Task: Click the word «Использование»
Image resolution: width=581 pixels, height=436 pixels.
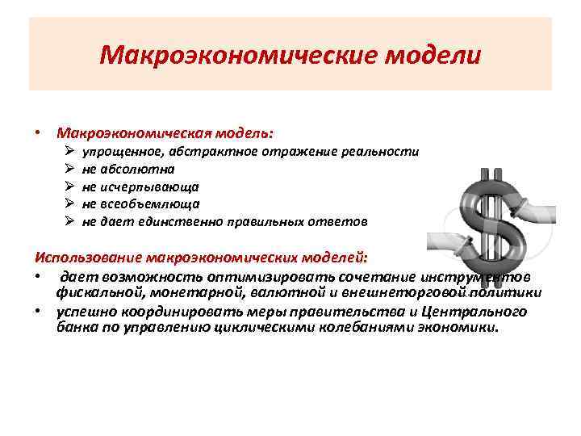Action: click(x=88, y=258)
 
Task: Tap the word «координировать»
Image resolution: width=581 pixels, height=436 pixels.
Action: click(x=182, y=312)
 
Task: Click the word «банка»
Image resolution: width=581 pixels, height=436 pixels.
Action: click(x=77, y=327)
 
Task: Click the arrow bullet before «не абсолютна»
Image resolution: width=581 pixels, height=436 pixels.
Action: click(x=70, y=170)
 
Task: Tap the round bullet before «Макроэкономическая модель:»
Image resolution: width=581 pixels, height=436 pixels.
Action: click(x=38, y=132)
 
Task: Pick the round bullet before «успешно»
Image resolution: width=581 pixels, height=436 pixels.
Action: click(x=38, y=312)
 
